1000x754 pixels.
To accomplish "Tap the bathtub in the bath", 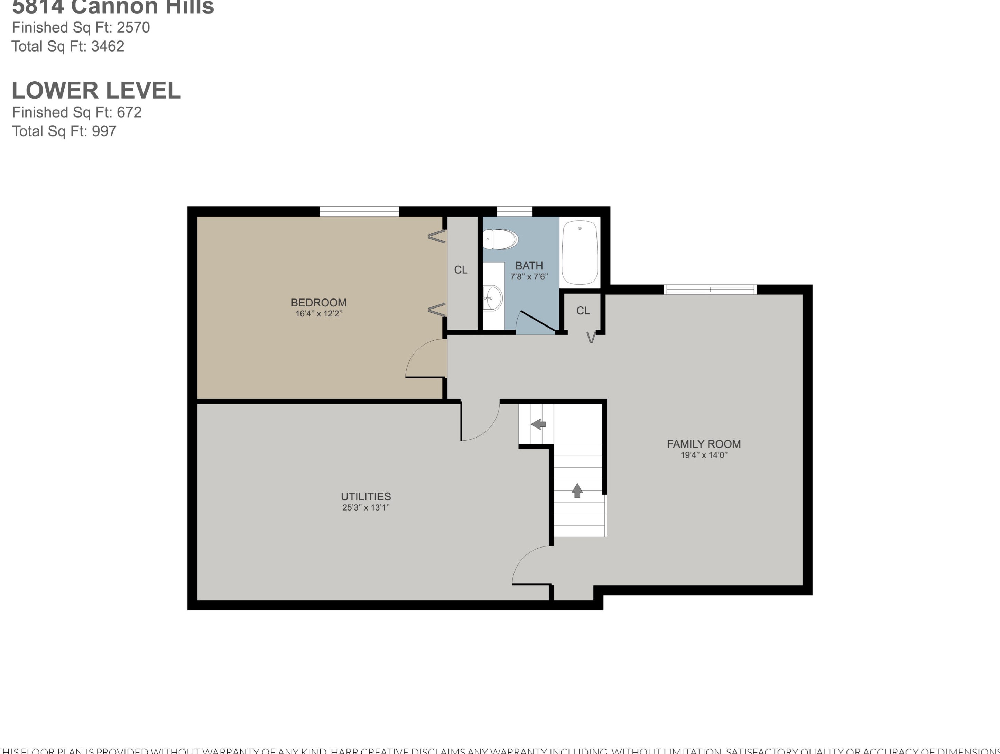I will [x=580, y=252].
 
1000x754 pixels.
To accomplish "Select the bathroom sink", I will [x=493, y=297].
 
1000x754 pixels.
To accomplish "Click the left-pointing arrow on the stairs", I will [x=538, y=424].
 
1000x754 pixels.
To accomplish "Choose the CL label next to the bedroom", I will [x=461, y=270].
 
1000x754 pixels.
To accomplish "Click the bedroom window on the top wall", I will [x=359, y=211].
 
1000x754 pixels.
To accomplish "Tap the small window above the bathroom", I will [x=514, y=211].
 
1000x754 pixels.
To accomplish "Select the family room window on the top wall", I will [x=710, y=289].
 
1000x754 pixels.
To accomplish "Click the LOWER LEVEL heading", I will [x=96, y=91].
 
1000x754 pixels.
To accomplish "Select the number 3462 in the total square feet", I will [x=108, y=46].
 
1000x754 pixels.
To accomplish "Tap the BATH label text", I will [x=529, y=266].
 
